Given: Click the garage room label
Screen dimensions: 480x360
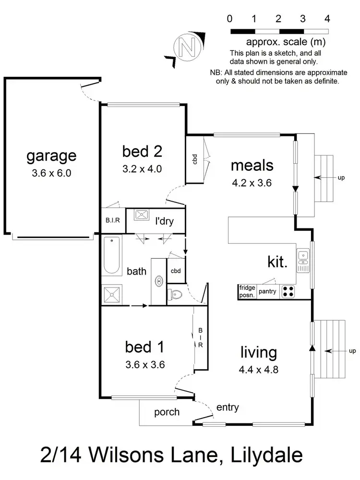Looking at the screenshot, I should [x=51, y=156].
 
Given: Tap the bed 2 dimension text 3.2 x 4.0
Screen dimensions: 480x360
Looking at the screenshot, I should [x=142, y=168].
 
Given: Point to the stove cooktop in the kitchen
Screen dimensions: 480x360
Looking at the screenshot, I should [x=288, y=291].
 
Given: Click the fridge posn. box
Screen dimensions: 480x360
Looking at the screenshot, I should [x=247, y=291].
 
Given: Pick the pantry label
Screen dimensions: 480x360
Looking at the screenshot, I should [x=267, y=291].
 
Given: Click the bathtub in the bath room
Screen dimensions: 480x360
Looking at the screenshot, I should [x=111, y=255].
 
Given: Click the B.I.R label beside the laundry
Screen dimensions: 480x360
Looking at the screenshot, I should [x=112, y=221].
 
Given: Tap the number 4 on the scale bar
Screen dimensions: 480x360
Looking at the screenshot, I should [x=327, y=19].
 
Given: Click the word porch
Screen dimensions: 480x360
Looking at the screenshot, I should [x=167, y=412].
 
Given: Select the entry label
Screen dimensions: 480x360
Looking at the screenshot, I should [x=228, y=408].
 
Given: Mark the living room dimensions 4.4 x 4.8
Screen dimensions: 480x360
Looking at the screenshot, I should [x=258, y=370].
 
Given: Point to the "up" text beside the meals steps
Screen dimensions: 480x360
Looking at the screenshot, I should [x=341, y=178].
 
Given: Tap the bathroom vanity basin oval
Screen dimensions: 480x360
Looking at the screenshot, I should [x=158, y=280].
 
